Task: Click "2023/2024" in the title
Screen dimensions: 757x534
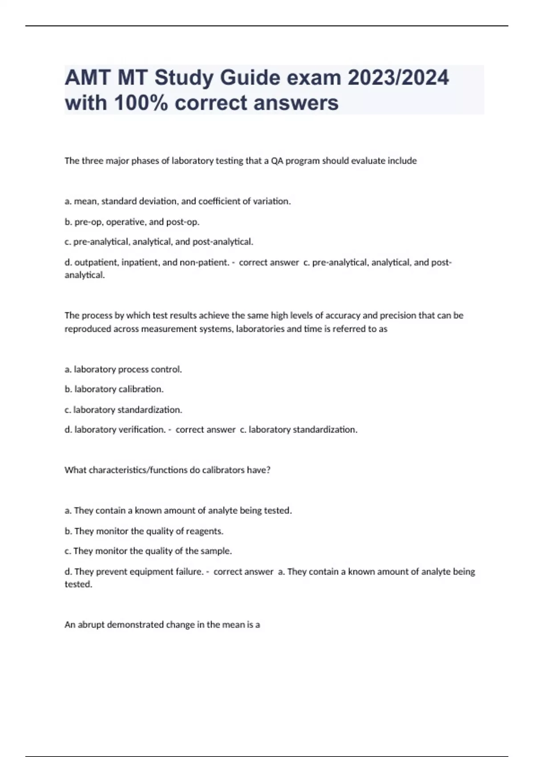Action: tap(398, 78)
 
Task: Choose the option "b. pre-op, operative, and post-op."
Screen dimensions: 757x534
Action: tap(132, 222)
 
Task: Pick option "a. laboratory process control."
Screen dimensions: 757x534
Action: tap(123, 369)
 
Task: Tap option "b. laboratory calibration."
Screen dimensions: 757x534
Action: tap(114, 389)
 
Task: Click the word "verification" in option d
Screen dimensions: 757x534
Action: tap(142, 430)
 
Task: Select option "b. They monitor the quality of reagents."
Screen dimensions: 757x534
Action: tap(144, 531)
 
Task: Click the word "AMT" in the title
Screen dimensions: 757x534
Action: tap(88, 78)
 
